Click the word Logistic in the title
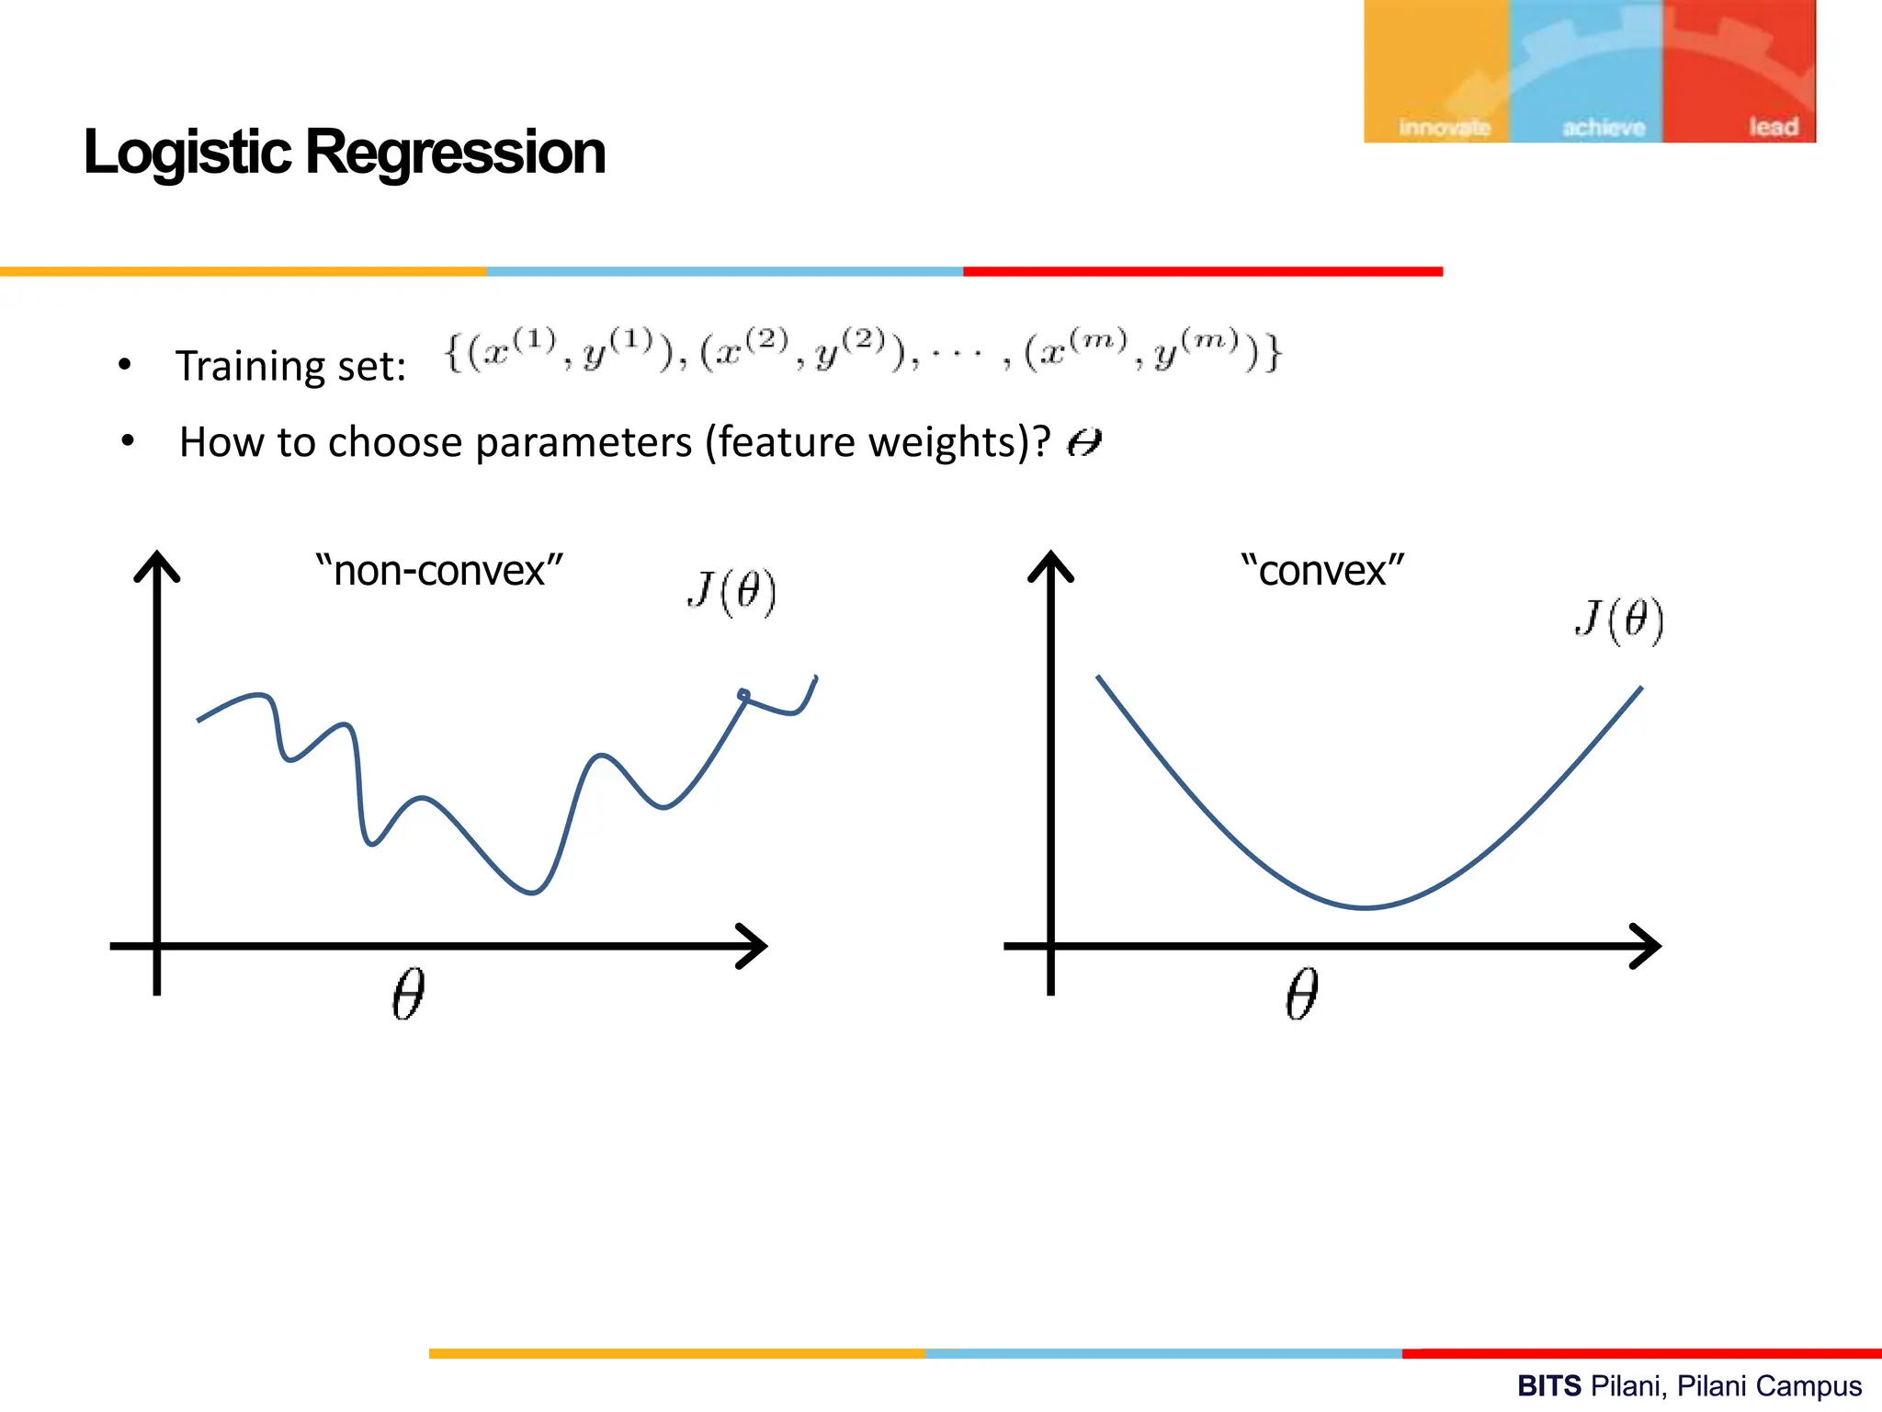187,153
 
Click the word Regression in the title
455,153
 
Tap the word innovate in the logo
1444,128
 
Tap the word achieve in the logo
1604,128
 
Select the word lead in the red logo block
1773,127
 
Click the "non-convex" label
438,571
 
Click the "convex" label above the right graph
1322,571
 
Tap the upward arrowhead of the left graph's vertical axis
157,563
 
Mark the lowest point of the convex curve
1366,907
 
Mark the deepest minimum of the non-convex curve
532,892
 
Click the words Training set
290,367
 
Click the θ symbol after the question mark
1083,444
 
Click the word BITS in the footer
1549,1385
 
